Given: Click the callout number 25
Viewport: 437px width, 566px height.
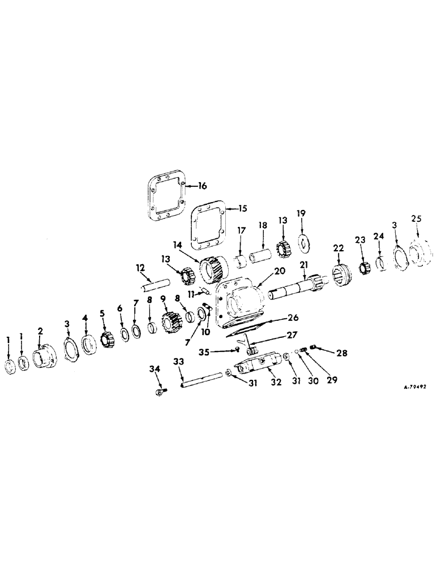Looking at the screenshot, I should coord(417,218).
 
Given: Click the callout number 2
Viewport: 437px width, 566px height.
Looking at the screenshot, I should coord(40,330).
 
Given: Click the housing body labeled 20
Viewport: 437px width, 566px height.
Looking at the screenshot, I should coord(241,300).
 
